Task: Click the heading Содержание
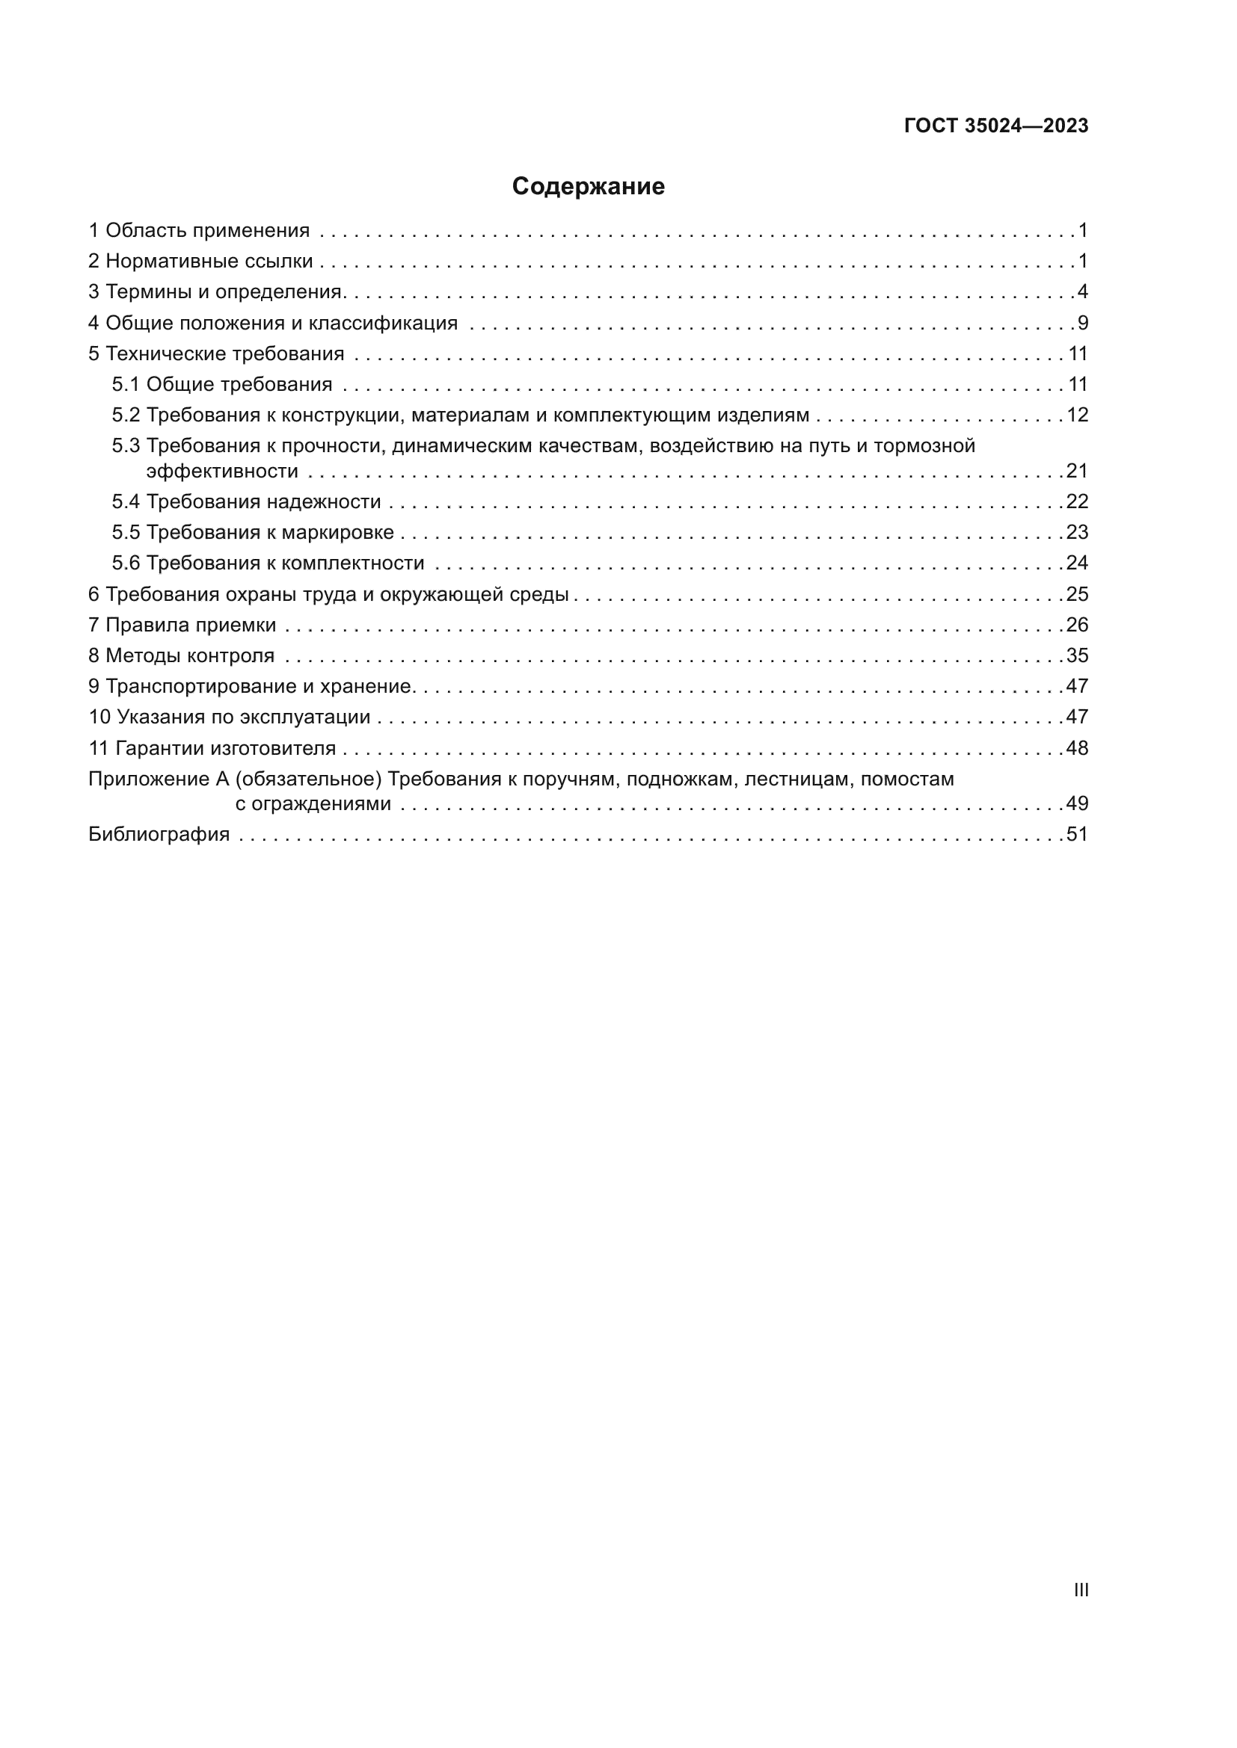click(588, 187)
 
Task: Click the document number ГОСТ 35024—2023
click(995, 126)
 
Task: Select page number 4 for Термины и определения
click(1082, 291)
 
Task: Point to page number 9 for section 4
click(1082, 323)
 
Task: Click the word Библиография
click(159, 835)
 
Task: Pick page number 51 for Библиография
click(1077, 835)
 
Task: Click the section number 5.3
click(126, 445)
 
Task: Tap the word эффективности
click(222, 472)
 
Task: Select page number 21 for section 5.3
click(1077, 472)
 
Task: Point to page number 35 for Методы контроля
click(1077, 655)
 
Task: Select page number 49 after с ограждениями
click(1077, 804)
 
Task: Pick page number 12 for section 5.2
click(1077, 415)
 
